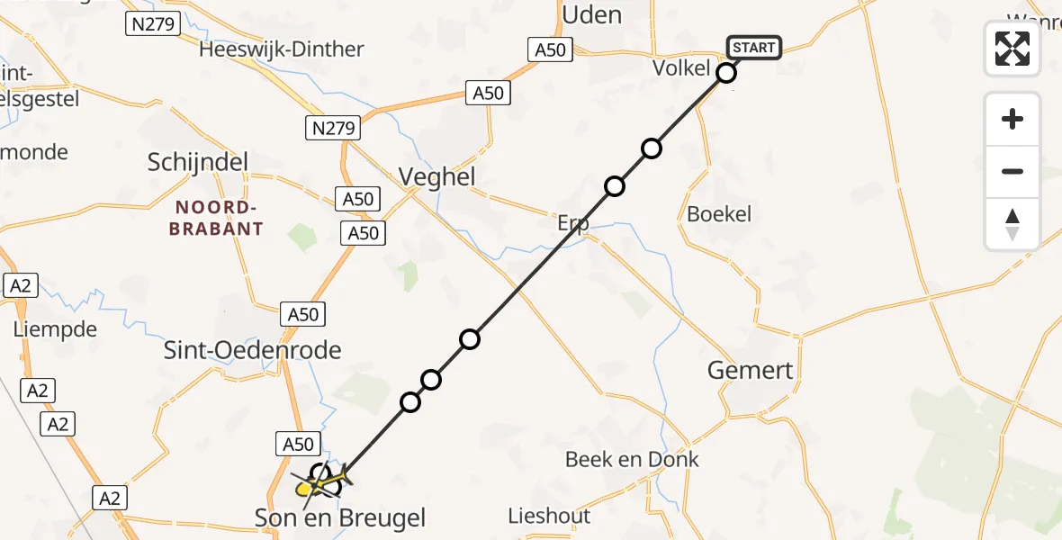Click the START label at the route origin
pyautogui.click(x=754, y=48)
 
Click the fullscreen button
pyautogui.click(x=1012, y=49)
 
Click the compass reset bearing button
pyautogui.click(x=1012, y=224)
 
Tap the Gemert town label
pyautogui.click(x=751, y=370)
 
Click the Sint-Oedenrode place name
pyautogui.click(x=253, y=349)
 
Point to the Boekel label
pyautogui.click(x=719, y=214)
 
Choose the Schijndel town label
pyautogui.click(x=198, y=162)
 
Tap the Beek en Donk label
pyautogui.click(x=632, y=459)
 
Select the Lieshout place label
pyautogui.click(x=550, y=516)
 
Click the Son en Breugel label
pyautogui.click(x=340, y=517)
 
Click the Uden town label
pyautogui.click(x=591, y=14)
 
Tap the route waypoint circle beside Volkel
pyautogui.click(x=727, y=73)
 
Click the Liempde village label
pyautogui.click(x=55, y=329)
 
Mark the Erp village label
pyautogui.click(x=572, y=223)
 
